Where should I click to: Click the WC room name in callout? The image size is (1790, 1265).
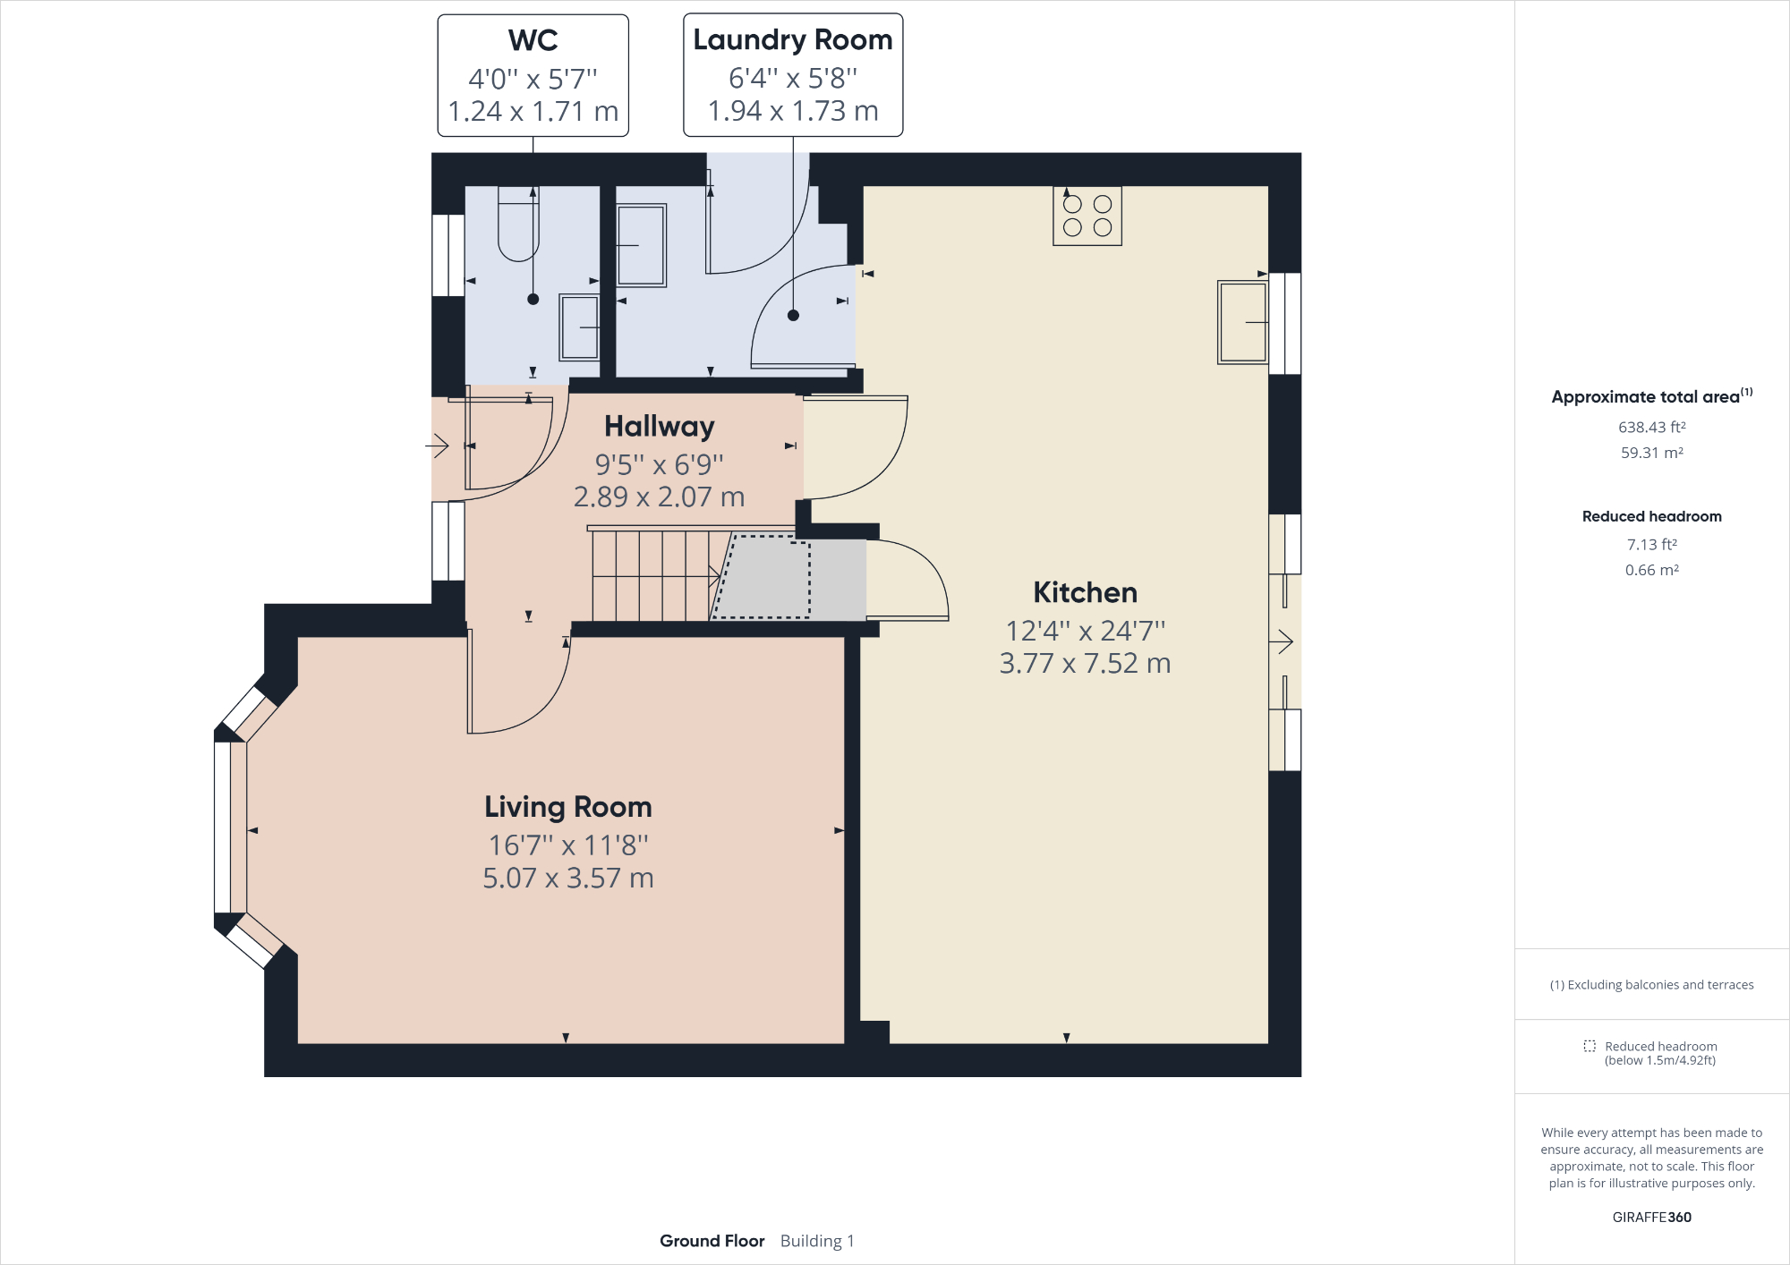coord(533,40)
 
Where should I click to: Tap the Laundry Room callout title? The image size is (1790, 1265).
coord(792,40)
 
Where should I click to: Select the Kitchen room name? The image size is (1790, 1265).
coord(1085,592)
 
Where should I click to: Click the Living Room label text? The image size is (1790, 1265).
coord(567,807)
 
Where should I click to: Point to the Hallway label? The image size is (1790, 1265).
coord(659,426)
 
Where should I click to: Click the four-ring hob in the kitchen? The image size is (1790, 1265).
coord(1087,216)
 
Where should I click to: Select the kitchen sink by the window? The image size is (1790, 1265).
coord(1242,322)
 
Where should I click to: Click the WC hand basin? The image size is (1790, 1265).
coord(579,327)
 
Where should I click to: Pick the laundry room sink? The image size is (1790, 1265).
coord(641,245)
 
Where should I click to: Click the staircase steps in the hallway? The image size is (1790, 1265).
coord(652,575)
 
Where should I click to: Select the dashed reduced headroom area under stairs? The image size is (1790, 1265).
coord(766,577)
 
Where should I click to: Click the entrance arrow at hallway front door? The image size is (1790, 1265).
coord(437,445)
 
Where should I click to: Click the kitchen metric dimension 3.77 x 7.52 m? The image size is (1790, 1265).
coord(1085,664)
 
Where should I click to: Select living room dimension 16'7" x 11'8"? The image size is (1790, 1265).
coord(567,845)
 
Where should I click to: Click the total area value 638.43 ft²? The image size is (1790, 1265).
coord(1651,428)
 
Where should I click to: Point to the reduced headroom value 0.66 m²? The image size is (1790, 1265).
coord(1651,570)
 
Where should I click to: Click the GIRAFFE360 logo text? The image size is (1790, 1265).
coord(1651,1217)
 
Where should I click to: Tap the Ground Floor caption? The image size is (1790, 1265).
coord(712,1241)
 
